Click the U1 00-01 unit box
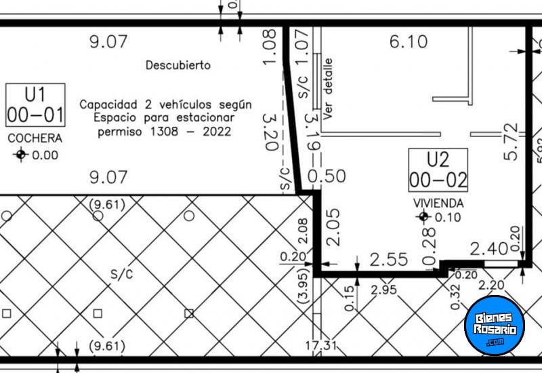point(35,105)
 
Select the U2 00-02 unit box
point(438,170)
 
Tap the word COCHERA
point(35,138)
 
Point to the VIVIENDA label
point(439,203)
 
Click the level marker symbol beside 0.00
point(20,155)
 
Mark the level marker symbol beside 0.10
point(424,217)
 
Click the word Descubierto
point(178,66)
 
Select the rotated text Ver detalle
point(329,89)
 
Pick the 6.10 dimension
point(408,42)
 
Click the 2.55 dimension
point(389,260)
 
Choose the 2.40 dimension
point(489,249)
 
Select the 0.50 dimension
point(327,176)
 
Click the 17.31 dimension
point(320,347)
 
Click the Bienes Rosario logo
point(494,325)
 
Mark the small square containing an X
point(189,313)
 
